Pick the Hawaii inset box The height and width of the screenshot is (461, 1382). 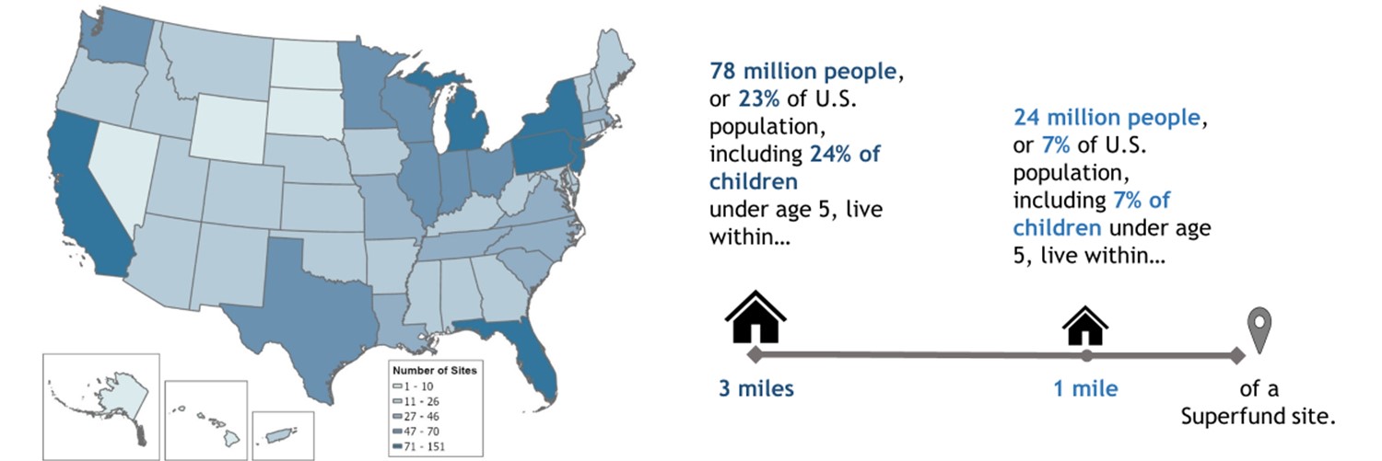click(205, 420)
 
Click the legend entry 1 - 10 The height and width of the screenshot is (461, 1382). click(419, 386)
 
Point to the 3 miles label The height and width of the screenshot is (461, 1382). click(755, 388)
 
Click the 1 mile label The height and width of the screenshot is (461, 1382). click(1086, 388)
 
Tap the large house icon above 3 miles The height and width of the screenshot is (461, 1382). click(755, 317)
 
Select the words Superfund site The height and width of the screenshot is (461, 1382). click(1258, 417)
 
